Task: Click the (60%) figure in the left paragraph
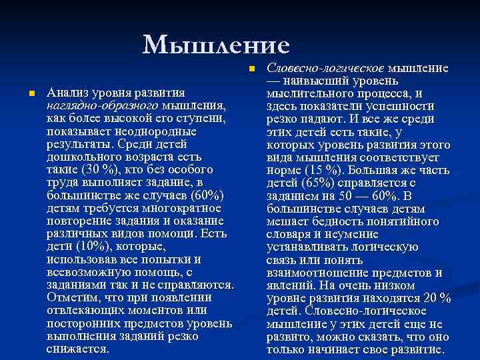coord(207,195)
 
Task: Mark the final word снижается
coord(77,348)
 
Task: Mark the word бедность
coord(331,220)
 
